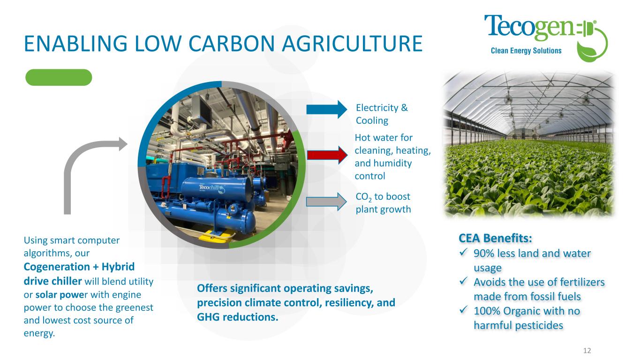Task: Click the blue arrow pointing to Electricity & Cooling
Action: pos(327,109)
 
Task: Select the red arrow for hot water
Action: pos(327,155)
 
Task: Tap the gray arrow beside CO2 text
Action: pos(326,202)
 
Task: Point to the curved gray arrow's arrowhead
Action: pos(123,144)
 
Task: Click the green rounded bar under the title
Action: pos(59,77)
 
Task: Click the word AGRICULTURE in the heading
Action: pos(352,44)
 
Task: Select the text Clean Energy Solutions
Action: pos(526,51)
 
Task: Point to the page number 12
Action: pos(587,351)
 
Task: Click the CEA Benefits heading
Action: pos(495,238)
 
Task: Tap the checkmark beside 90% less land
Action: pos(463,252)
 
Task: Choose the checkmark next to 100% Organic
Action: pos(463,309)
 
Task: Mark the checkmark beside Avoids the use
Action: pos(463,281)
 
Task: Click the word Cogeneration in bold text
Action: pos(57,267)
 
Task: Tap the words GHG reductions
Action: pos(237,317)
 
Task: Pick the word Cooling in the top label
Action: pos(372,120)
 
